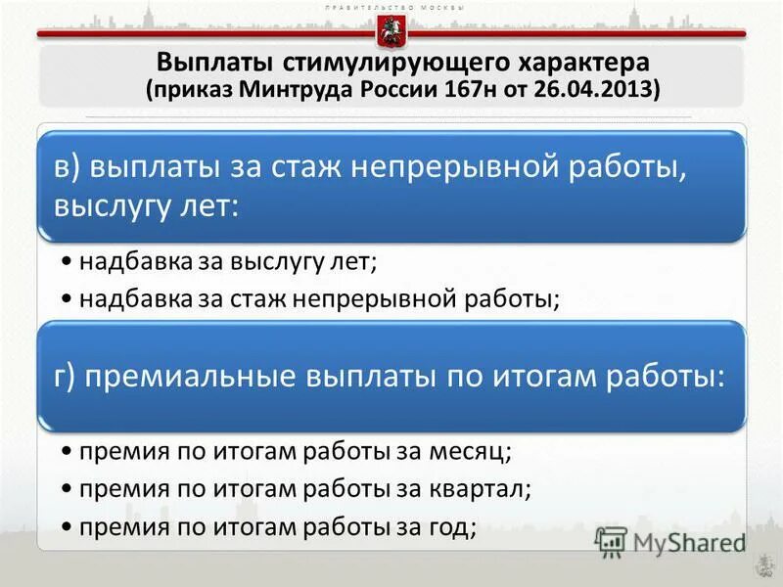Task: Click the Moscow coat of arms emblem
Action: pyautogui.click(x=391, y=31)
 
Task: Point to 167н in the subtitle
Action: pyautogui.click(x=442, y=90)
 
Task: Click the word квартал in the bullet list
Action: pyautogui.click(x=484, y=487)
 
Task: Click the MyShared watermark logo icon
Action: pyautogui.click(x=612, y=541)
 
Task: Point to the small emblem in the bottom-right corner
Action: pyautogui.click(x=759, y=566)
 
